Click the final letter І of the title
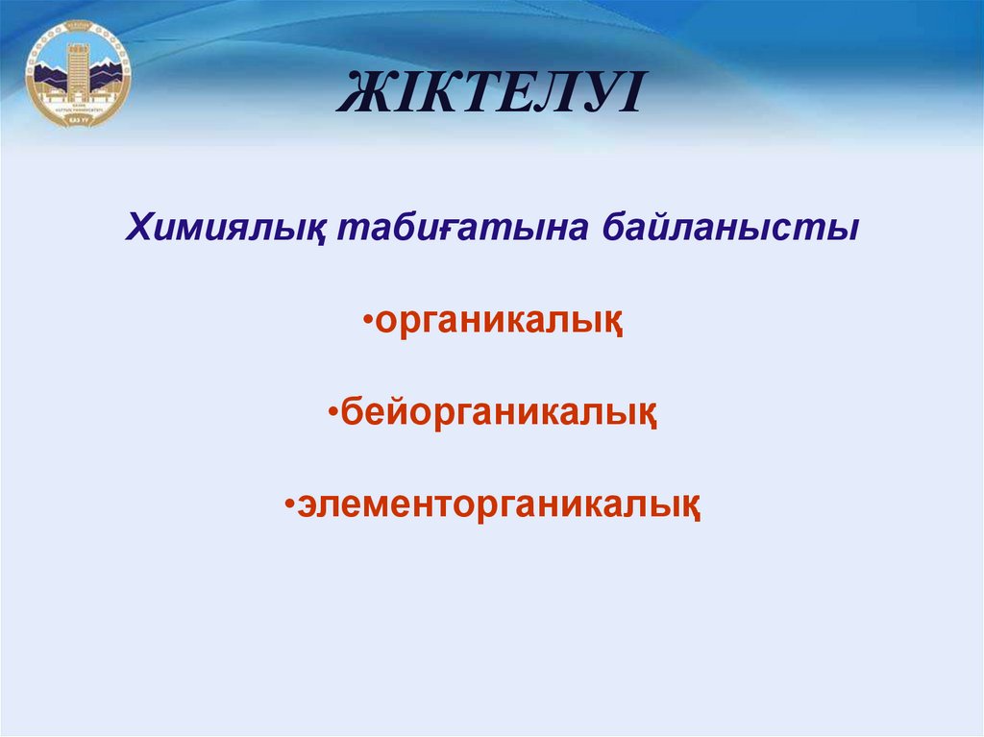click(x=627, y=97)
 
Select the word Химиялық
click(x=226, y=230)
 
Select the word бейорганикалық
click(x=499, y=414)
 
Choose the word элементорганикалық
click(x=498, y=504)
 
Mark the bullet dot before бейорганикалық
click(x=332, y=412)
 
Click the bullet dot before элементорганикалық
click(x=288, y=503)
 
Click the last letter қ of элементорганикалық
click(x=689, y=506)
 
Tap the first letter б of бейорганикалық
click(x=349, y=414)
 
